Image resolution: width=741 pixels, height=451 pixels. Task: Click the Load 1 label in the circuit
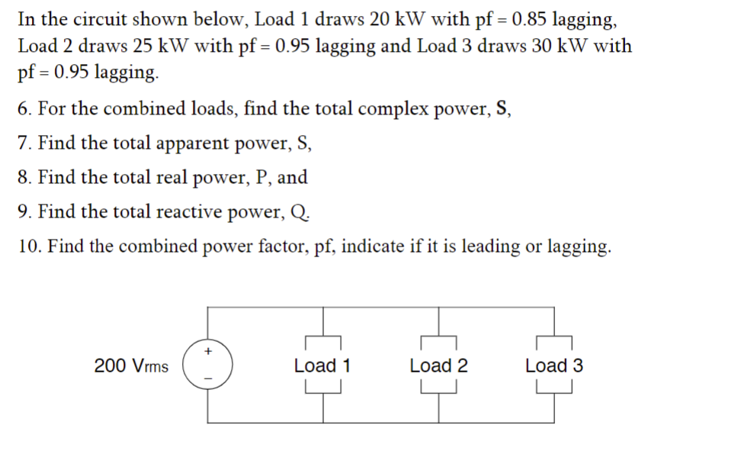(x=322, y=366)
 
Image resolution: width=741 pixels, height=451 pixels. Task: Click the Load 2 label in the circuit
(x=438, y=366)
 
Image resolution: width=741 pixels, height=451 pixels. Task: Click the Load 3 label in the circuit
(x=553, y=366)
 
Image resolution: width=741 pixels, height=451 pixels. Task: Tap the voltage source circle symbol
(x=207, y=366)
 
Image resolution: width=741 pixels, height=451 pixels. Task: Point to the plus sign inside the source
(x=207, y=352)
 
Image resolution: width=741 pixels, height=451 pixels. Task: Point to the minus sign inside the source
(x=207, y=379)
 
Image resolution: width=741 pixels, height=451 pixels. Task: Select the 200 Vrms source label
(x=131, y=366)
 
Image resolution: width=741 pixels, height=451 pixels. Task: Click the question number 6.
(x=23, y=108)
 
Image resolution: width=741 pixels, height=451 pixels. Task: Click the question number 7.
(x=23, y=143)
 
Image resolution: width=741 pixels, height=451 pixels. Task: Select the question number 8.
(x=23, y=177)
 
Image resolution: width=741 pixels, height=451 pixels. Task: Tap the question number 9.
(x=23, y=211)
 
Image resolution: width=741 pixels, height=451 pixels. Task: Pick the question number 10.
(x=27, y=246)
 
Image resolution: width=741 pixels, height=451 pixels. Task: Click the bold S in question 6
(x=502, y=108)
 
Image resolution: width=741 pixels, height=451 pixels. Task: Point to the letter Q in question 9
(x=300, y=212)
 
